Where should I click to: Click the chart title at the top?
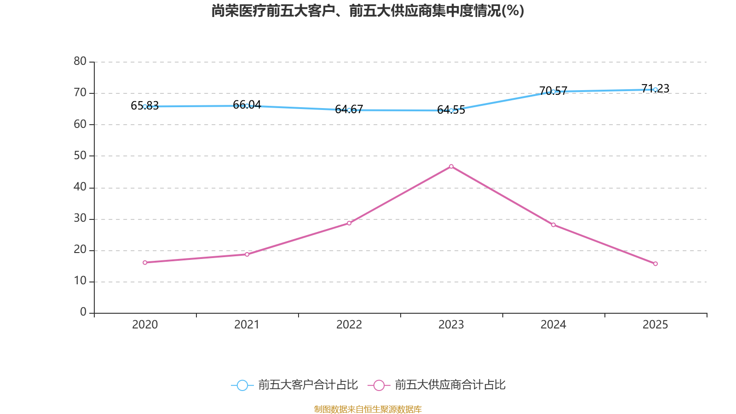coord(368,11)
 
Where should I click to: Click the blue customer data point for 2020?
coord(145,106)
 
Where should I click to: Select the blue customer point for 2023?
coord(451,110)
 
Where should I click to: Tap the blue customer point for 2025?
coord(655,90)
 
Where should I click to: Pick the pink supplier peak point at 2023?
coord(451,166)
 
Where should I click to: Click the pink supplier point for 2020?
coord(145,262)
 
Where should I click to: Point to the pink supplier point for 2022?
coord(349,223)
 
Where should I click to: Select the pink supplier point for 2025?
coord(655,264)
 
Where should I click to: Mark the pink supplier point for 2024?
coord(553,224)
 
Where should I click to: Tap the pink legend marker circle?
coord(379,385)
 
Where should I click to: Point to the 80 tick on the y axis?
coord(80,61)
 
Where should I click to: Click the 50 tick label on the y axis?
coord(80,155)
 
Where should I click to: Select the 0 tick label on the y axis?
coord(83,312)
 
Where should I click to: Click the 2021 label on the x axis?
coord(247,325)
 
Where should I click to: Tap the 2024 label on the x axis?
coord(553,325)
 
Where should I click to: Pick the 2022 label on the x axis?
coord(349,325)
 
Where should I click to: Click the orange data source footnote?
coord(368,409)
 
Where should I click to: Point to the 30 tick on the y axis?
coord(80,218)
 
